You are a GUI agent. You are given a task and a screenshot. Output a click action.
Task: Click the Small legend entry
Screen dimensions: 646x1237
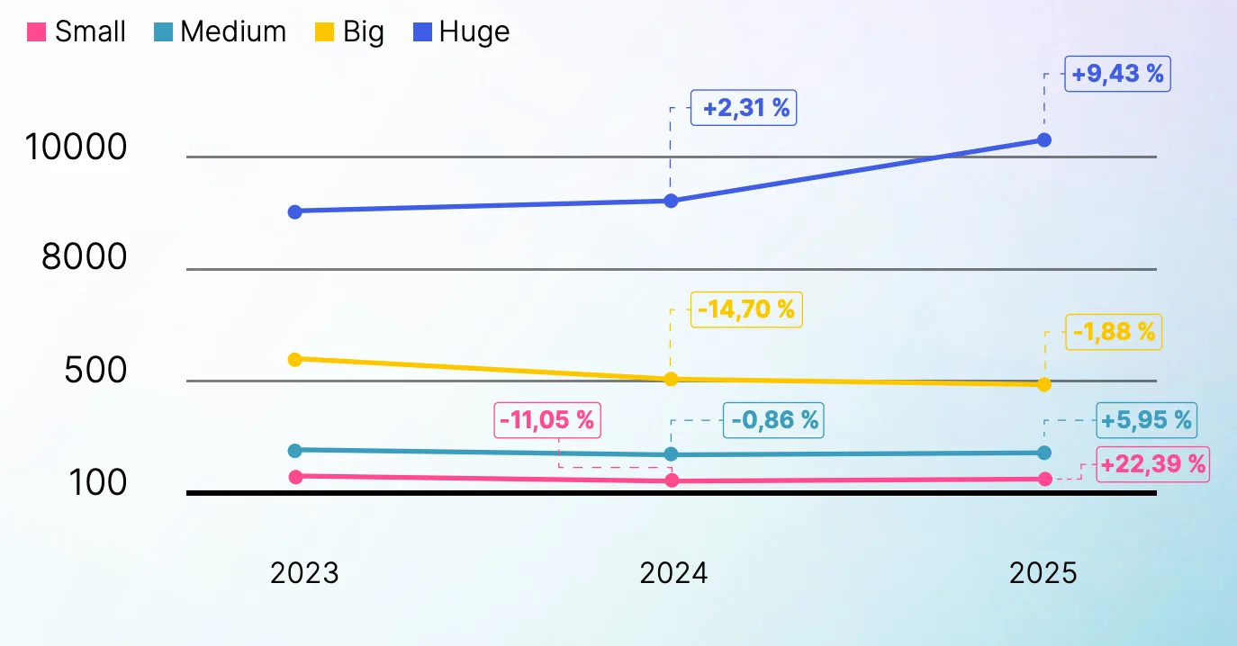click(77, 32)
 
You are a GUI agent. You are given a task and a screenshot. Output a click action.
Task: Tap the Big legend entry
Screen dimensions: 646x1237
click(351, 32)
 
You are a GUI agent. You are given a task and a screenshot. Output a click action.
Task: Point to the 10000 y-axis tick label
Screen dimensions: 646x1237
click(76, 148)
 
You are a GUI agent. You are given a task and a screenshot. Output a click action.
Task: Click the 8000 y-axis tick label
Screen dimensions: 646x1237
click(85, 258)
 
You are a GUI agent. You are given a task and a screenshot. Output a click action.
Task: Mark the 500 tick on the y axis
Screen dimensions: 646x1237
click(95, 370)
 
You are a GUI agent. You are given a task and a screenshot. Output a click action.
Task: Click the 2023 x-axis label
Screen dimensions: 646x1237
click(304, 573)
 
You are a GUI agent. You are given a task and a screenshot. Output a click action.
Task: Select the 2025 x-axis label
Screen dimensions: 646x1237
click(1043, 573)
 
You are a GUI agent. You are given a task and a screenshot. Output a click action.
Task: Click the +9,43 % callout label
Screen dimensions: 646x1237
click(1117, 74)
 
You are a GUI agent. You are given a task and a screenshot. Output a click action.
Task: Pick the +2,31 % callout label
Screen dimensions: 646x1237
click(745, 109)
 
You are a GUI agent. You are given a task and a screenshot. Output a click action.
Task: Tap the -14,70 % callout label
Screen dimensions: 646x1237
click(745, 310)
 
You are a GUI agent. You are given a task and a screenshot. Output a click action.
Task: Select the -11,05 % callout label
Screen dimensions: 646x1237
click(547, 420)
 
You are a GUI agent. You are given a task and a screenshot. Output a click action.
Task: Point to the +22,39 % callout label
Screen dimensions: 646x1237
click(1152, 464)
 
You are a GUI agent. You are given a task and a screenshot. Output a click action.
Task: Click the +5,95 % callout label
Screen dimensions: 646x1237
click(1146, 420)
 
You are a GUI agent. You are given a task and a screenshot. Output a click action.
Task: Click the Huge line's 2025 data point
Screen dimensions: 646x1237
click(1044, 140)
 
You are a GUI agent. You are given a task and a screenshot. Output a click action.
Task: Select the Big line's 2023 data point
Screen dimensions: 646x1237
click(294, 359)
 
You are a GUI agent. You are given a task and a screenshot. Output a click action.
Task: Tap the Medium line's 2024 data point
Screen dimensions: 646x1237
click(671, 454)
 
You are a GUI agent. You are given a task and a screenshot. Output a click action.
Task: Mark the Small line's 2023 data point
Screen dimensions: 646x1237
click(294, 476)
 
